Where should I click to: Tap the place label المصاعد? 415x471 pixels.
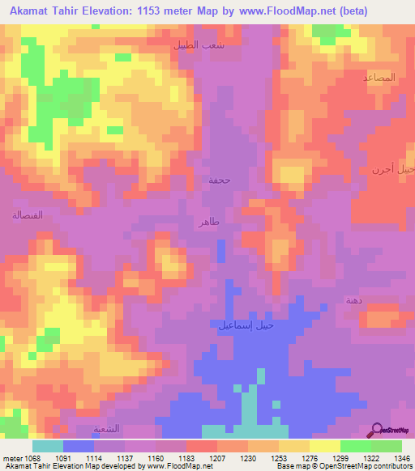(x=379, y=78)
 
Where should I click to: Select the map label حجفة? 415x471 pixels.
(x=220, y=180)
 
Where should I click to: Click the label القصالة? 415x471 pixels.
(x=27, y=215)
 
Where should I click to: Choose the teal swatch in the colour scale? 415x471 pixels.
(x=48, y=446)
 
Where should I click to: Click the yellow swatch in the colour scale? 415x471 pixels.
(x=325, y=446)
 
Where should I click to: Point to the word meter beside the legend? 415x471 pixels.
(x=14, y=457)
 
